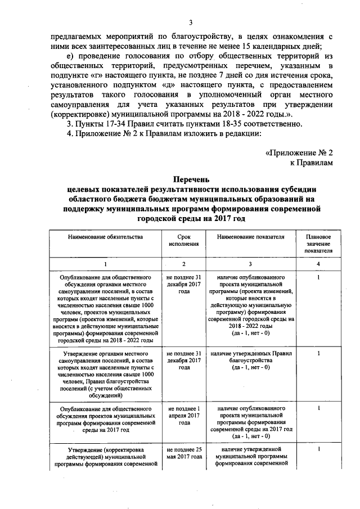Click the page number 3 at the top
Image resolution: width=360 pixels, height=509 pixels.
[191, 22]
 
